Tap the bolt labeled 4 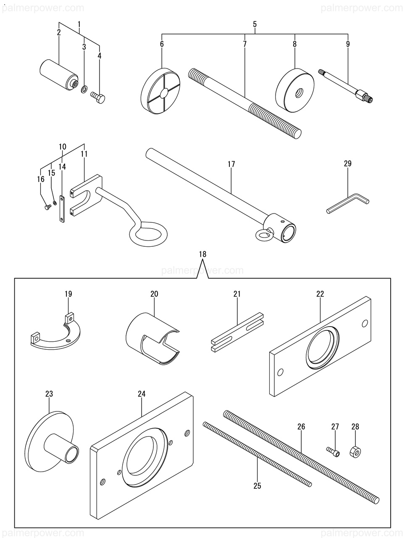pyautogui.click(x=98, y=98)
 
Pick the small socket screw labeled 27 pyautogui.click(x=334, y=451)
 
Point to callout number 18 pyautogui.click(x=202, y=254)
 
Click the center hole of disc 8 pyautogui.click(x=299, y=93)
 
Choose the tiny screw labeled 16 pyautogui.click(x=47, y=207)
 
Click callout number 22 pyautogui.click(x=320, y=294)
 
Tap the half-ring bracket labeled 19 pyautogui.click(x=55, y=340)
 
